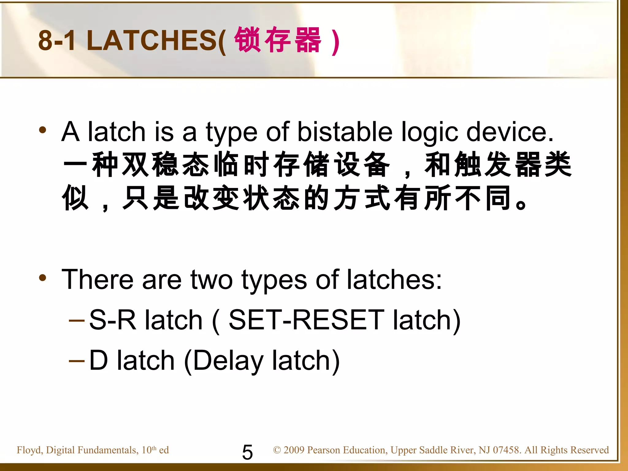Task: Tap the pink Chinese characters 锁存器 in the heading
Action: [x=278, y=40]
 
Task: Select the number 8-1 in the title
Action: [x=57, y=41]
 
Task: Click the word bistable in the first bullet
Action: [x=345, y=132]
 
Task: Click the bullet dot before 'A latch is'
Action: [x=43, y=130]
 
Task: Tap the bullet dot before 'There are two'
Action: [x=43, y=278]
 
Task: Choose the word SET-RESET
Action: [x=306, y=320]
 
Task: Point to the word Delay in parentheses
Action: [x=228, y=361]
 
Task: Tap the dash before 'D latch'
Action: [x=77, y=361]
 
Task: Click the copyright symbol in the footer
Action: [x=277, y=450]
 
